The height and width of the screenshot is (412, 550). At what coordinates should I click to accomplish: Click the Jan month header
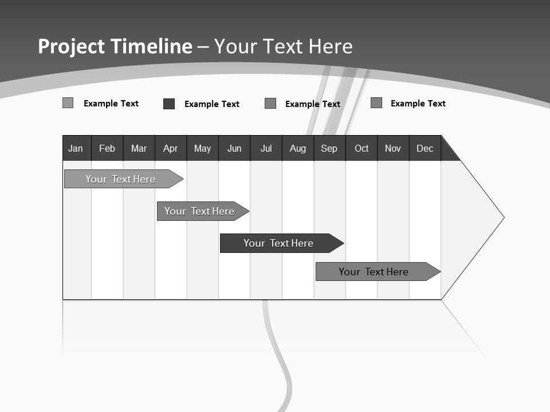click(76, 149)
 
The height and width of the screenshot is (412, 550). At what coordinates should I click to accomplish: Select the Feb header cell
click(107, 149)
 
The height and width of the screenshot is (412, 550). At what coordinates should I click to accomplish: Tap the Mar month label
click(139, 149)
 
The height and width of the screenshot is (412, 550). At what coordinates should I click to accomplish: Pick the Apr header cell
click(171, 149)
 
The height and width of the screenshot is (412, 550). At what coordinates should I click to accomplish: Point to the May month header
click(202, 149)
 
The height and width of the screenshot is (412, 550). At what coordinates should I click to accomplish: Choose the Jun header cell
click(234, 149)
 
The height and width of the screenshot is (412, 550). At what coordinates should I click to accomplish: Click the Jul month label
click(266, 149)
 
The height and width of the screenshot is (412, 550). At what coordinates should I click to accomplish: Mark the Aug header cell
click(298, 149)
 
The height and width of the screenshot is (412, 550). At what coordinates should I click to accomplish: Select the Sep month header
click(329, 149)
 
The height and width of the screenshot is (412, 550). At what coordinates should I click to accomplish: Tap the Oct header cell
click(362, 149)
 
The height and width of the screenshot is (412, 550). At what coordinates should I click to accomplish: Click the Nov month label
click(393, 149)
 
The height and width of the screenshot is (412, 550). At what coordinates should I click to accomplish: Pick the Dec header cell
click(425, 149)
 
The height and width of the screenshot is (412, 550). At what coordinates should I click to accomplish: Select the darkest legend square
click(169, 104)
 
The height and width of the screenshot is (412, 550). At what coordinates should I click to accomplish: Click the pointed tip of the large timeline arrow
click(502, 217)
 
